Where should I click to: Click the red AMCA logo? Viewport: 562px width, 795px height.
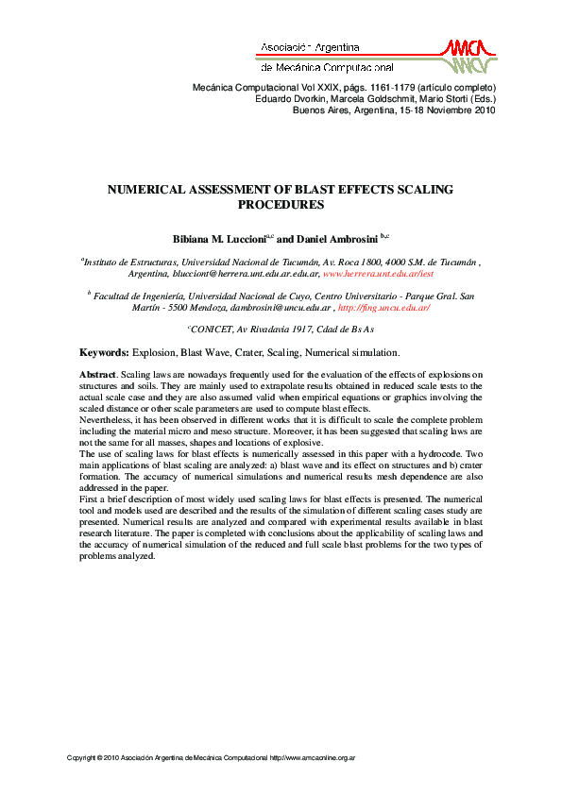(466, 55)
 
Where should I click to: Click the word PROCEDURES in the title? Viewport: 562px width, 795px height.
(281, 204)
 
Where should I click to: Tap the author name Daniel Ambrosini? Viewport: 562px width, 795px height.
(335, 239)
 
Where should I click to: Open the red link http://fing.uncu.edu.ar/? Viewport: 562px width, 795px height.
(384, 308)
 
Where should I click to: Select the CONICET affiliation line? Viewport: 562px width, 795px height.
(281, 330)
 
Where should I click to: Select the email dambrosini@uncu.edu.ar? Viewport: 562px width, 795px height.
(282, 308)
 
